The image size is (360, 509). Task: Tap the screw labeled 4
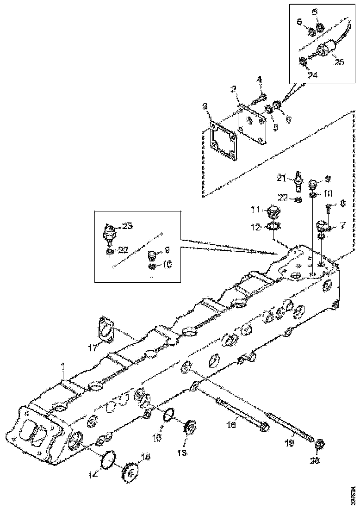tap(258, 98)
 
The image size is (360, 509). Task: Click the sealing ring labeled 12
tap(273, 227)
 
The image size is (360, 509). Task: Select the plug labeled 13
tap(189, 428)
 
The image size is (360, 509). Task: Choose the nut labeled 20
tap(319, 446)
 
